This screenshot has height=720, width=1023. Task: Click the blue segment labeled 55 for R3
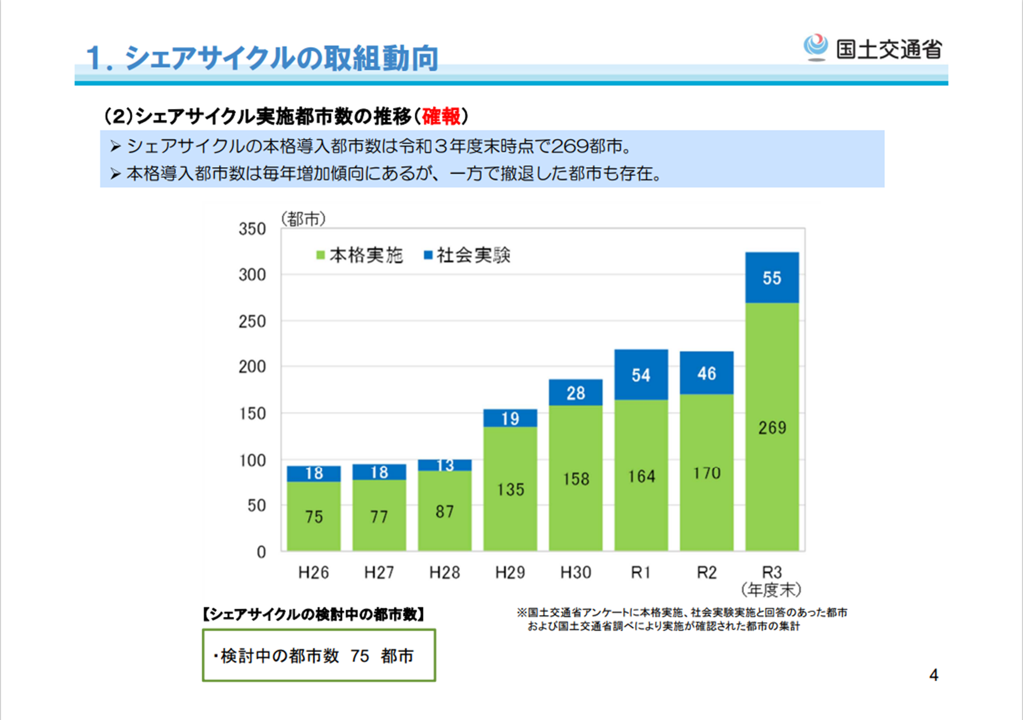pyautogui.click(x=772, y=278)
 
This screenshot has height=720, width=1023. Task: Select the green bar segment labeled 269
pyautogui.click(x=772, y=427)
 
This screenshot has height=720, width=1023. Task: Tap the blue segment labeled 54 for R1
pyautogui.click(x=641, y=375)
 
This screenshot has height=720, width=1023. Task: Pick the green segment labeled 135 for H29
pyautogui.click(x=510, y=489)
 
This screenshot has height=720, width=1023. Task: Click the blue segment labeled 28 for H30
pyautogui.click(x=576, y=393)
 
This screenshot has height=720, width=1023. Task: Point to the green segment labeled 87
pyautogui.click(x=445, y=511)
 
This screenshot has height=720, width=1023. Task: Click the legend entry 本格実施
pyautogui.click(x=359, y=255)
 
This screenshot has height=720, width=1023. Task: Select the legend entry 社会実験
pyautogui.click(x=467, y=255)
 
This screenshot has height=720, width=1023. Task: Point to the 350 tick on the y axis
pyautogui.click(x=252, y=229)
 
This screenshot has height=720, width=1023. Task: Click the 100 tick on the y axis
pyautogui.click(x=252, y=460)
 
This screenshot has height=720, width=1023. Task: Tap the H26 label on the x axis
pyautogui.click(x=313, y=573)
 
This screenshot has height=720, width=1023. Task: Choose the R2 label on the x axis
pyautogui.click(x=707, y=573)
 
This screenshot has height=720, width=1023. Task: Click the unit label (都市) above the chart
pyautogui.click(x=303, y=219)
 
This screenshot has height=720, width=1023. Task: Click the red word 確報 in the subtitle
pyautogui.click(x=441, y=117)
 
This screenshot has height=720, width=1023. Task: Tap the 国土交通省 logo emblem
pyautogui.click(x=816, y=47)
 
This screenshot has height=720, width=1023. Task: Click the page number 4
pyautogui.click(x=933, y=675)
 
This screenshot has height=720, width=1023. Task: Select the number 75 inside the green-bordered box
pyautogui.click(x=360, y=657)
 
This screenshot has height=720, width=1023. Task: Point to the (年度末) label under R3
pyautogui.click(x=771, y=590)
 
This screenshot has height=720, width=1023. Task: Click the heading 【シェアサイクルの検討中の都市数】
pyautogui.click(x=313, y=614)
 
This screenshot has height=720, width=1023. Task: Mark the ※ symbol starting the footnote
pyautogui.click(x=521, y=613)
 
